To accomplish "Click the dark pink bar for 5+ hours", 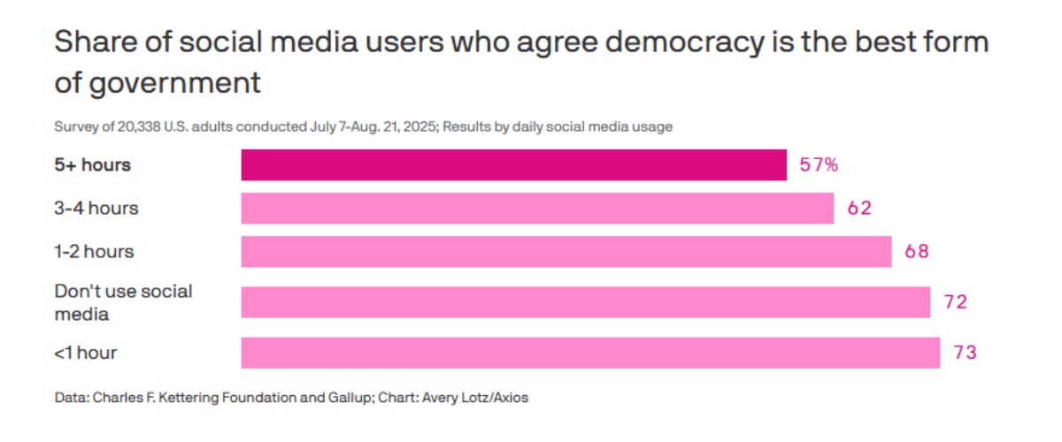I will [x=513, y=165].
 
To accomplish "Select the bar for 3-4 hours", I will [x=537, y=209].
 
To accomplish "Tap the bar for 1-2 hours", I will [x=566, y=251].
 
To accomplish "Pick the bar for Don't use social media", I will [x=586, y=302].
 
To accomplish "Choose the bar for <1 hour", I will [x=590, y=353].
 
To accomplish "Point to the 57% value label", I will [x=819, y=165].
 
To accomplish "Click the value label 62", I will [x=858, y=209].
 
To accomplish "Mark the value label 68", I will [x=916, y=251].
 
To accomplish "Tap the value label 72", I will [x=955, y=302].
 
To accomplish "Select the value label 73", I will [x=965, y=353].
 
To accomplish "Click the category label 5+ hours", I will [x=92, y=165].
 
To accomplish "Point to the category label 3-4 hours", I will [x=96, y=209].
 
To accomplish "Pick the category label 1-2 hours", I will [x=95, y=251].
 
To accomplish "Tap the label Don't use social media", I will [x=123, y=302].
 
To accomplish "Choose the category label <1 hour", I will [x=86, y=353].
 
